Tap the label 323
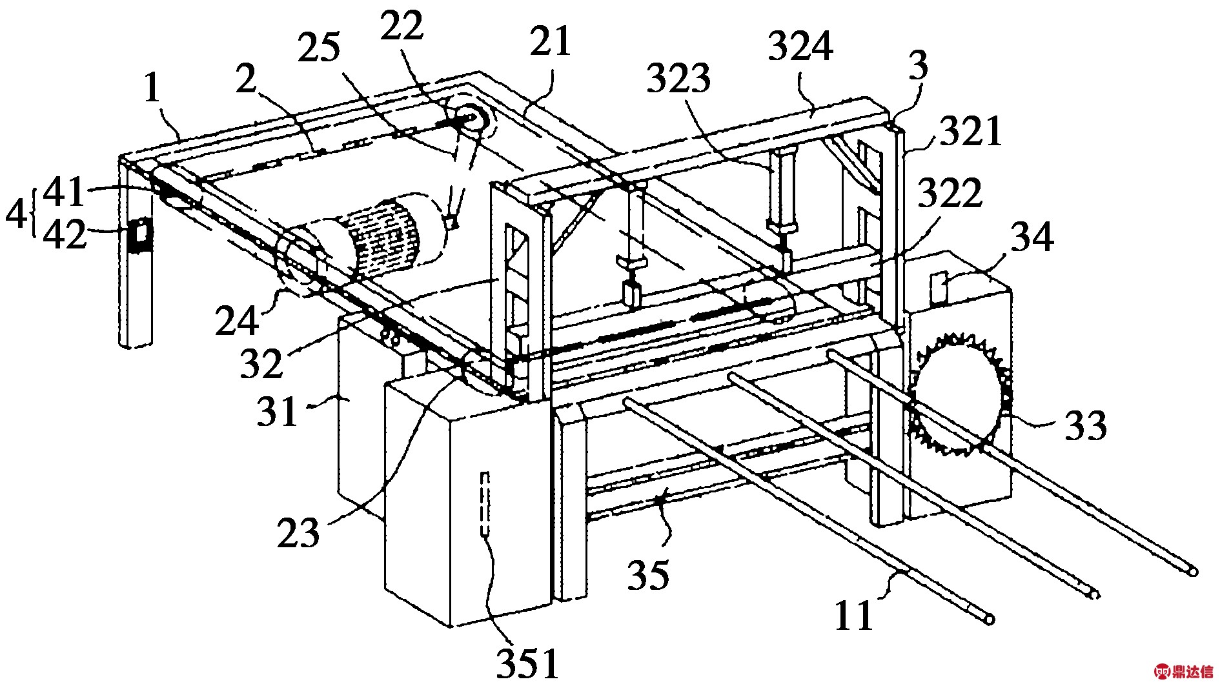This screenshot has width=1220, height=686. pyautogui.click(x=679, y=79)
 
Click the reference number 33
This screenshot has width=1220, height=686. pyautogui.click(x=1085, y=425)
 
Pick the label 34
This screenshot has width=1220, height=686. pyautogui.click(x=1032, y=237)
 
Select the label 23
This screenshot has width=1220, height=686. pyautogui.click(x=298, y=532)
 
